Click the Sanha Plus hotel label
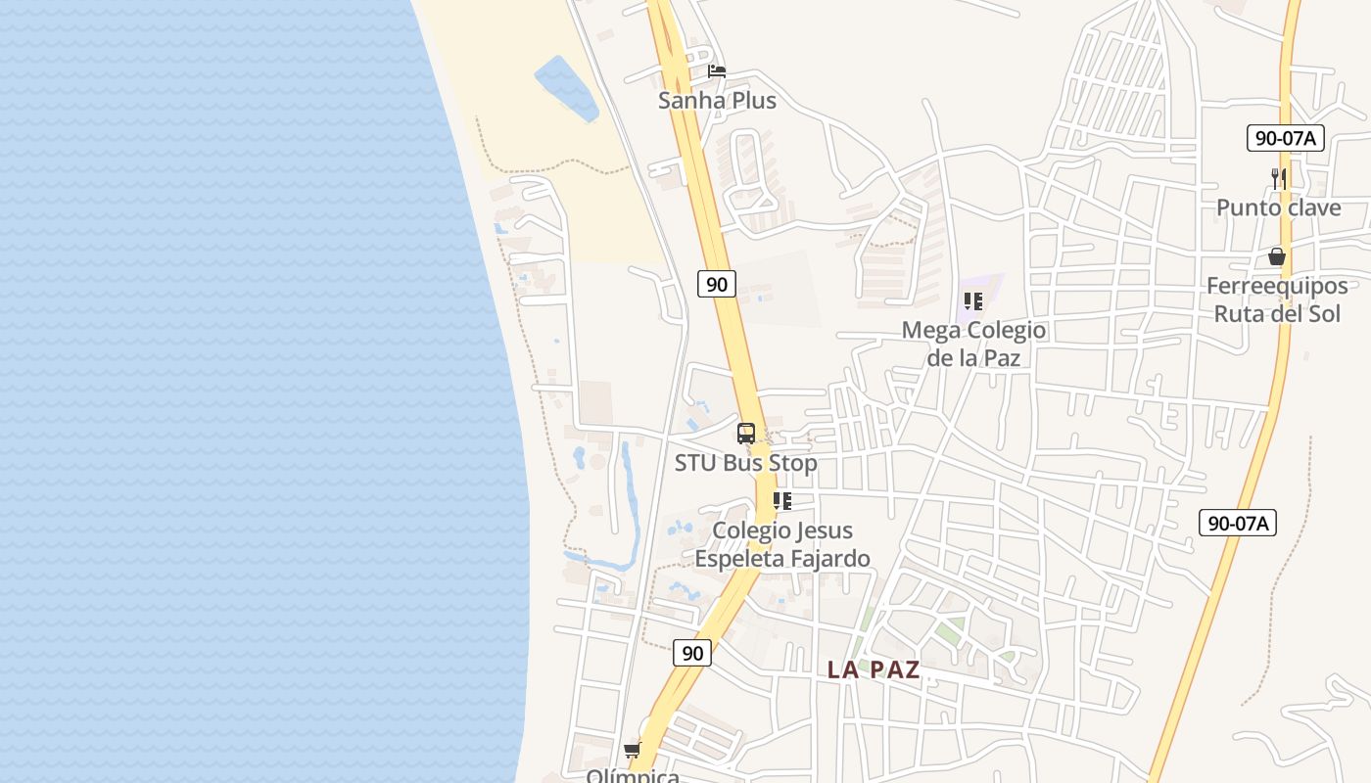[717, 100]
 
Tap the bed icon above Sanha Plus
[717, 71]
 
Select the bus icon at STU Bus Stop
[746, 433]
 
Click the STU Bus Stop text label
[745, 463]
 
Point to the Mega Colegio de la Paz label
[973, 344]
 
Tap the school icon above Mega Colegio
[972, 301]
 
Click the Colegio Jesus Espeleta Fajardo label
[782, 544]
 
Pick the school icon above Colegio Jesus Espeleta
[781, 501]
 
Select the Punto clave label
[1278, 207]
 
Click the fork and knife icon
[1278, 178]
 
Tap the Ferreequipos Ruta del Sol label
[1277, 299]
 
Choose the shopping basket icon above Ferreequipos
[1277, 256]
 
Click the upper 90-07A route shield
[1286, 138]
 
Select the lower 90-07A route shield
[1238, 523]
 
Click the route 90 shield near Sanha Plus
[717, 284]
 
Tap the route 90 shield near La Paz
[692, 653]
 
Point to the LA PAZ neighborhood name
[874, 669]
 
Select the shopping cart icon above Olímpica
[633, 750]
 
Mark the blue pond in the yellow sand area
[567, 88]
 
